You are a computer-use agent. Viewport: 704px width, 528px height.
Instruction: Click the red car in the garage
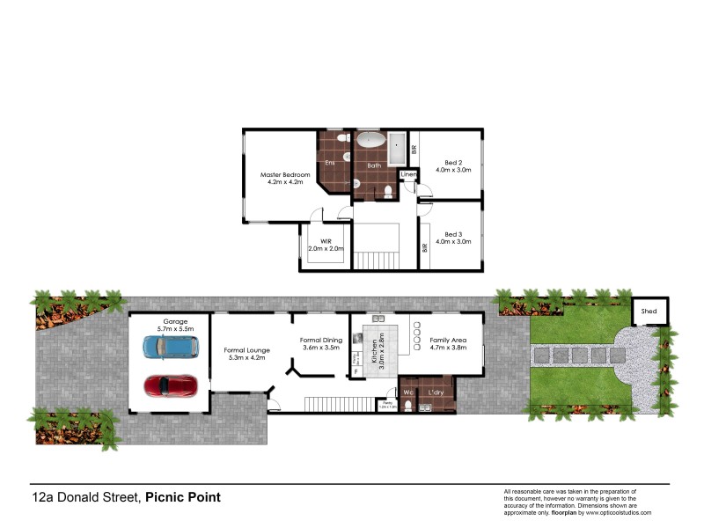tap(170, 385)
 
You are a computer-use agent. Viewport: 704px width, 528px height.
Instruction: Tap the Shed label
tap(649, 312)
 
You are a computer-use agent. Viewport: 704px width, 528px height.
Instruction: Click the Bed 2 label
tap(453, 163)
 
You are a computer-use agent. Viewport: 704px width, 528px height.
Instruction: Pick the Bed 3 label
tap(453, 235)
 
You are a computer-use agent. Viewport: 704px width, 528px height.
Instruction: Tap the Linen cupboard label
tap(407, 175)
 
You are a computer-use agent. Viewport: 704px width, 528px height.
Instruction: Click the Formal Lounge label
tap(246, 350)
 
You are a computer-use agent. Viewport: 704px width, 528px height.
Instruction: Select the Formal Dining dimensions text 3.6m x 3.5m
tap(319, 348)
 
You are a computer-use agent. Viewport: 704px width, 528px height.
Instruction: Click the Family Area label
tap(448, 340)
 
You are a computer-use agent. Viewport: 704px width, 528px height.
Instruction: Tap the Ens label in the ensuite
tap(330, 163)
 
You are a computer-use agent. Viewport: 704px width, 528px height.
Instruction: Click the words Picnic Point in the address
tap(183, 497)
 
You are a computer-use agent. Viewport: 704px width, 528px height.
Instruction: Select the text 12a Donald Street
tap(85, 497)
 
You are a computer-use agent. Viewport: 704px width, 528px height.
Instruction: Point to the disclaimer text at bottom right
tap(576, 502)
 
